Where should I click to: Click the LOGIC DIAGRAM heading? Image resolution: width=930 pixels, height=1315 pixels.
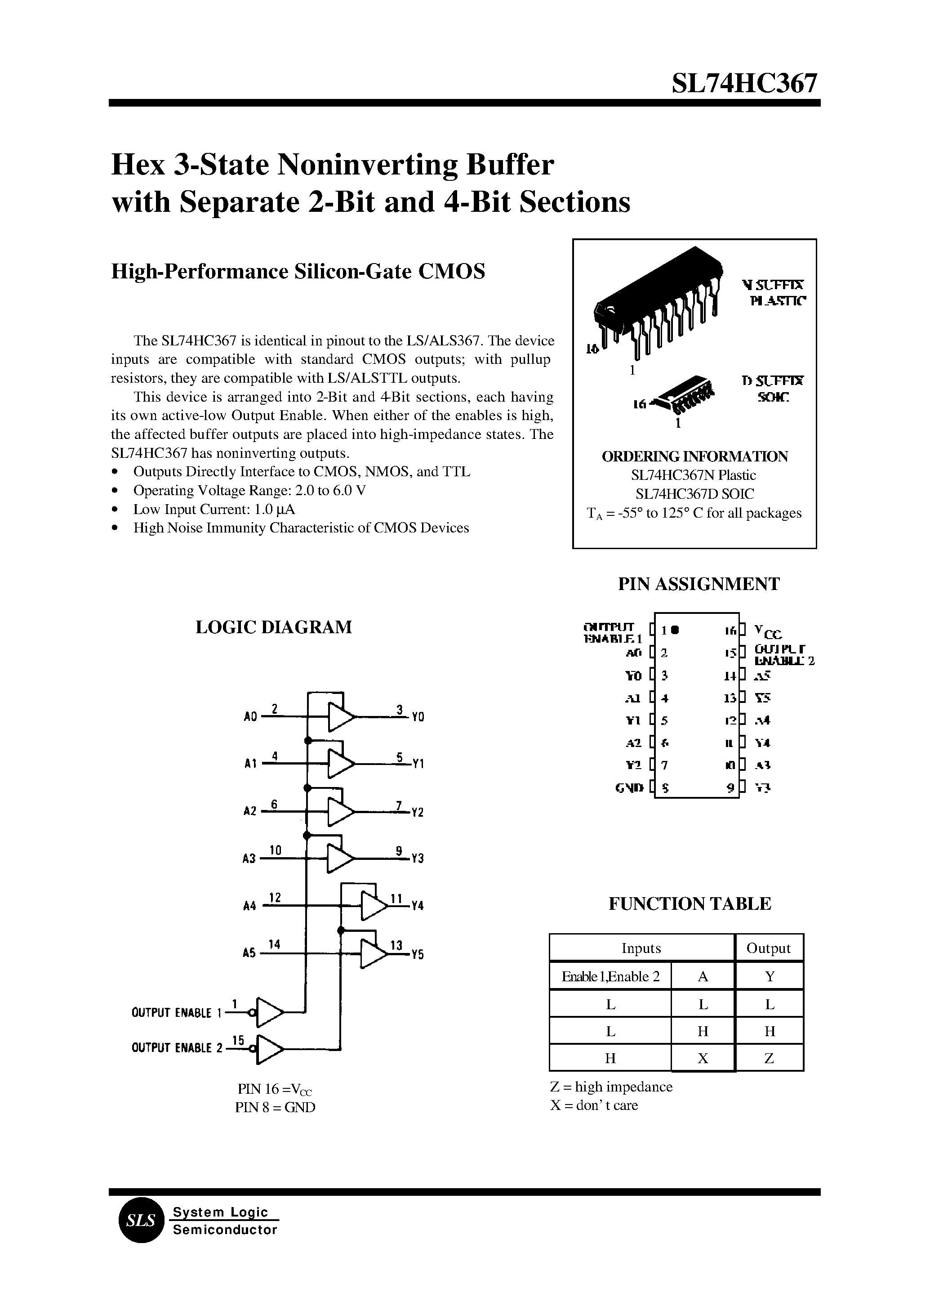pos(274,627)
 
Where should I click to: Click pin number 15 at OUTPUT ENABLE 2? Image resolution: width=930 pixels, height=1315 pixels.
pos(238,1040)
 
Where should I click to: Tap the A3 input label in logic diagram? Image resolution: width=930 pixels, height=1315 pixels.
pos(249,859)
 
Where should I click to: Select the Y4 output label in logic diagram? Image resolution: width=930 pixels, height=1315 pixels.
pos(418,907)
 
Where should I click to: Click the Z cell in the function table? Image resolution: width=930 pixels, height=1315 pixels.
pos(769,1058)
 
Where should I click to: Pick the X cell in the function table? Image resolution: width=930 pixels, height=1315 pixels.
pos(703,1058)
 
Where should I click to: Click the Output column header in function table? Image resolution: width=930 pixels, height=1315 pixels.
pos(769,948)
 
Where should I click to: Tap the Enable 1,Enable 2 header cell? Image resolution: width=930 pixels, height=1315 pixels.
pos(610,976)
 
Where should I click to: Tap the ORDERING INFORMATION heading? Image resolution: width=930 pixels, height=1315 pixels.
pos(694,456)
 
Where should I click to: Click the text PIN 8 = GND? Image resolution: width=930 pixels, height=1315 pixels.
pos(275,1107)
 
